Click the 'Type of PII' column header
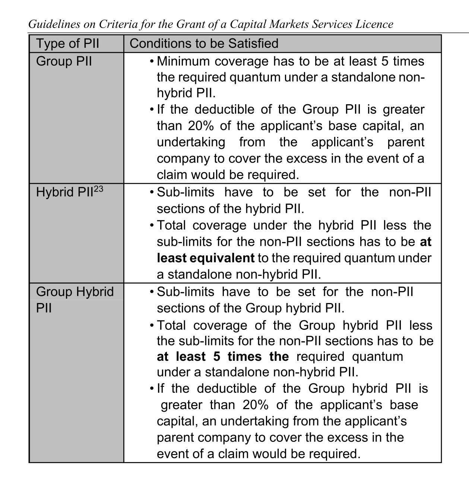pos(67,44)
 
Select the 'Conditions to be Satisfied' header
pos(204,44)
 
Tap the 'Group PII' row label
pos(64,61)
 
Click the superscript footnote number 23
pos(98,189)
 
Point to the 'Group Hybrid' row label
pos(75,291)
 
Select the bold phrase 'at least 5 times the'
pos(222,357)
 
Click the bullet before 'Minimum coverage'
pos(152,61)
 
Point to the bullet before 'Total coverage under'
pos(152,226)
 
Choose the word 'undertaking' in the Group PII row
pos(191,142)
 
